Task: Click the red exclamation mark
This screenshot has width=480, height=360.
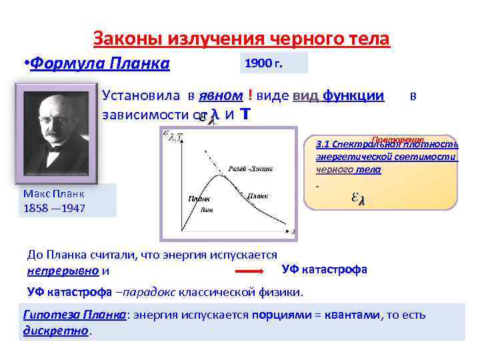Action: tap(249, 95)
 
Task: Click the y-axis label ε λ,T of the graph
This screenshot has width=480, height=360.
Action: tap(175, 137)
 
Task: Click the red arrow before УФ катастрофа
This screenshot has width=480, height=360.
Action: tap(251, 272)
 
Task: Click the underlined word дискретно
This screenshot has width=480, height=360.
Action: tap(55, 331)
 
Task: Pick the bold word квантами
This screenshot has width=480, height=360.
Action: tap(352, 315)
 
